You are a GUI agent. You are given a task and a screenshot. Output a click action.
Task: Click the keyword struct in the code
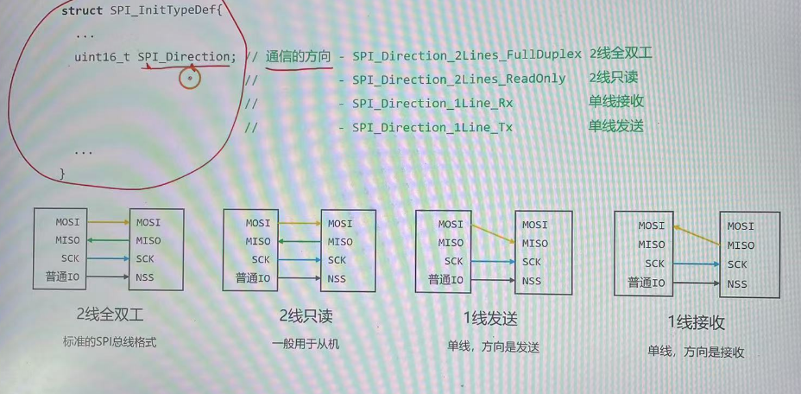point(83,10)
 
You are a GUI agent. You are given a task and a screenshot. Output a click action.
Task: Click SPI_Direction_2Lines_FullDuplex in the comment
point(466,55)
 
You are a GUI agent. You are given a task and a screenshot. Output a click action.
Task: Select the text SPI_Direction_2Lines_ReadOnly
point(458,79)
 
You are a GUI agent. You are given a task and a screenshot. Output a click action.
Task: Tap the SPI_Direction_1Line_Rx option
point(432,104)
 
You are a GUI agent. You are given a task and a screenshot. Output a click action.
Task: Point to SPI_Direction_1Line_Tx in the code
point(432,128)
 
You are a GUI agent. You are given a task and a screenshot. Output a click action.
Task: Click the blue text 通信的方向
point(298,56)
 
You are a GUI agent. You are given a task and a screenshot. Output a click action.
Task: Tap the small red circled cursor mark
point(189,79)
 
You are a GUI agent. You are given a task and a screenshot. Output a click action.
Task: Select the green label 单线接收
point(615,102)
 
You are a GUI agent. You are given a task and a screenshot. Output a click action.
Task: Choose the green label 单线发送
point(615,126)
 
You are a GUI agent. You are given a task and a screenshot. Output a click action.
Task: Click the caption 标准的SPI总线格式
point(110,342)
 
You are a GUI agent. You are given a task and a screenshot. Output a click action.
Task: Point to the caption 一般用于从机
point(305,344)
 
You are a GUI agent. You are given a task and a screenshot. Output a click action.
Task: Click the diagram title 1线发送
point(490,319)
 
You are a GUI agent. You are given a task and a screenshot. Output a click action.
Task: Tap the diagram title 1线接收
point(696,323)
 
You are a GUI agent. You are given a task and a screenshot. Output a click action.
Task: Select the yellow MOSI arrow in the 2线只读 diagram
point(295,224)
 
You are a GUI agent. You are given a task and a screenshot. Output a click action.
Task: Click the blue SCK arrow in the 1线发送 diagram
point(493,262)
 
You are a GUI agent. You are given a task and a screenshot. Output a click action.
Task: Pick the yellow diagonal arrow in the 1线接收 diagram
point(697,235)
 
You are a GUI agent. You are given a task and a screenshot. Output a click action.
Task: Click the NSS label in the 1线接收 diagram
point(737,284)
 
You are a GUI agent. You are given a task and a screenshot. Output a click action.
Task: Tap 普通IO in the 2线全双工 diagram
point(62,277)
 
